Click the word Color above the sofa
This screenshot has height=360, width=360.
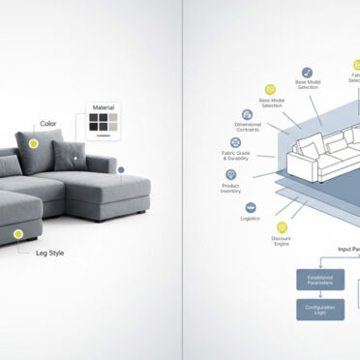click(47, 124)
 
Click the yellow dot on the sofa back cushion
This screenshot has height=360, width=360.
click(34, 143)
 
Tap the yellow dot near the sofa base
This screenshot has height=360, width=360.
click(17, 233)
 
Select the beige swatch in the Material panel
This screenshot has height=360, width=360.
click(113, 118)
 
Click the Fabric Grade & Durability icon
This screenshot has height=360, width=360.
click(235, 142)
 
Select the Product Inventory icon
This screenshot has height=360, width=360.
click(231, 175)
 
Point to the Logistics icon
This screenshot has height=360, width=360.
click(251, 207)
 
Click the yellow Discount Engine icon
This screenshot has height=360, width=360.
click(282, 227)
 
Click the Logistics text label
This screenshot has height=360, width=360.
click(250, 219)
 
